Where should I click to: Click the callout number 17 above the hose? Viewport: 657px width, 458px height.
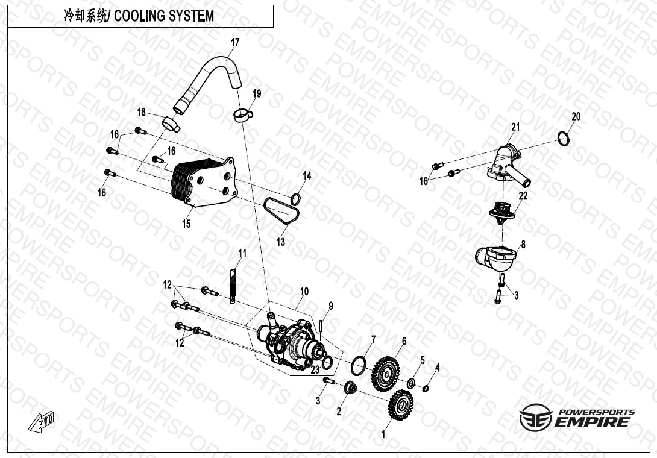(x=235, y=42)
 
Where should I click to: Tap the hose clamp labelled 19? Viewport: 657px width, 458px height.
(x=243, y=115)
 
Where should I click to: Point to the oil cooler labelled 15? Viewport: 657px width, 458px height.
(x=204, y=183)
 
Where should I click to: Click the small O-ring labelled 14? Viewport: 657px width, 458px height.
(x=296, y=198)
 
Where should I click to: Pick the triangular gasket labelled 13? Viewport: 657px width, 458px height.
(x=281, y=212)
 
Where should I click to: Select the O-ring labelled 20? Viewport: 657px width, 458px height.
(x=564, y=138)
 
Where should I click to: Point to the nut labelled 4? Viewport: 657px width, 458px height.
(x=425, y=389)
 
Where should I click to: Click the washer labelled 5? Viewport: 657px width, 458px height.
(x=411, y=383)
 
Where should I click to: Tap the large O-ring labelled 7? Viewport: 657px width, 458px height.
(x=358, y=365)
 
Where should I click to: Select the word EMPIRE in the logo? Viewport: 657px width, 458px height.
(x=592, y=421)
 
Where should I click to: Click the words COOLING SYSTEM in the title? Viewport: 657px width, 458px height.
(x=164, y=16)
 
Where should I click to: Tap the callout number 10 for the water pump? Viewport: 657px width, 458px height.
(x=304, y=291)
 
